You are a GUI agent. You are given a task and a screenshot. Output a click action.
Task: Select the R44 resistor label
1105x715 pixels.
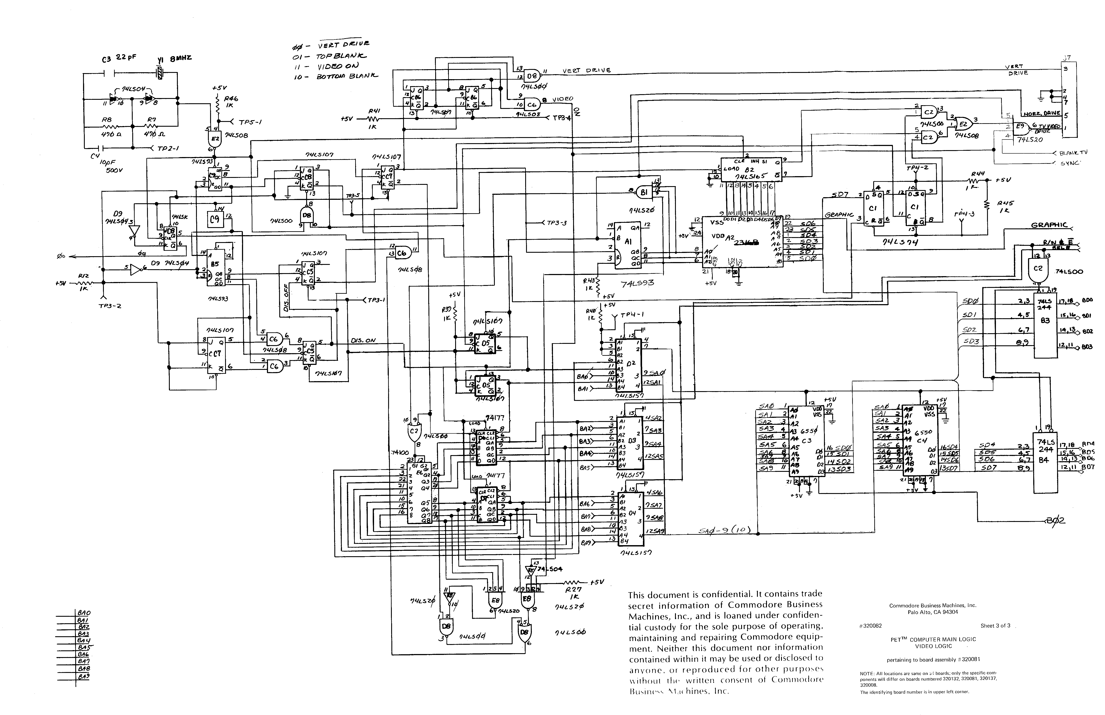pyautogui.click(x=977, y=174)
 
